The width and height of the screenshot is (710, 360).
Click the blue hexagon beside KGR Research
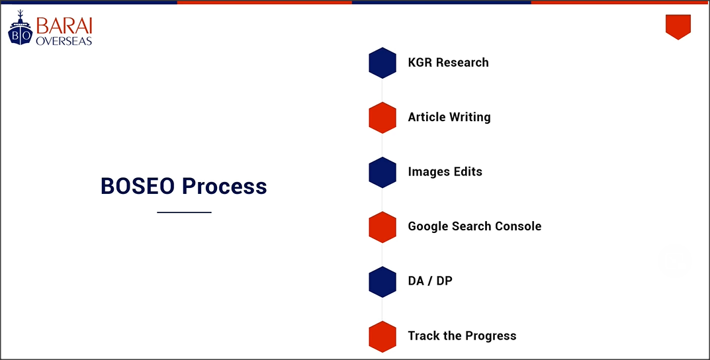[382, 63]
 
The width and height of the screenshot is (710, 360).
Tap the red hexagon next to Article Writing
[382, 118]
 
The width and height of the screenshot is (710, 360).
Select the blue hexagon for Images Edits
[382, 173]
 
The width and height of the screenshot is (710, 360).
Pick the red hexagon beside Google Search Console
[382, 227]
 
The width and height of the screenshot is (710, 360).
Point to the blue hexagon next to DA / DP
[382, 282]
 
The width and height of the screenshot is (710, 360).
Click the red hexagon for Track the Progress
[382, 336]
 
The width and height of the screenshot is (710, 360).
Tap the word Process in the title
[225, 186]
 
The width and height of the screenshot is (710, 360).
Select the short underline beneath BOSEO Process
[185, 212]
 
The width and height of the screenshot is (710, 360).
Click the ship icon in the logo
[21, 28]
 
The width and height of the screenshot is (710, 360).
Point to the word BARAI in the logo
[64, 26]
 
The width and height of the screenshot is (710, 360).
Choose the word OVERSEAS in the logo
[64, 41]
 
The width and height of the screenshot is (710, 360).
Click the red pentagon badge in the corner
[678, 26]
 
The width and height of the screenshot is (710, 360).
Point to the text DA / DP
[430, 281]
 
